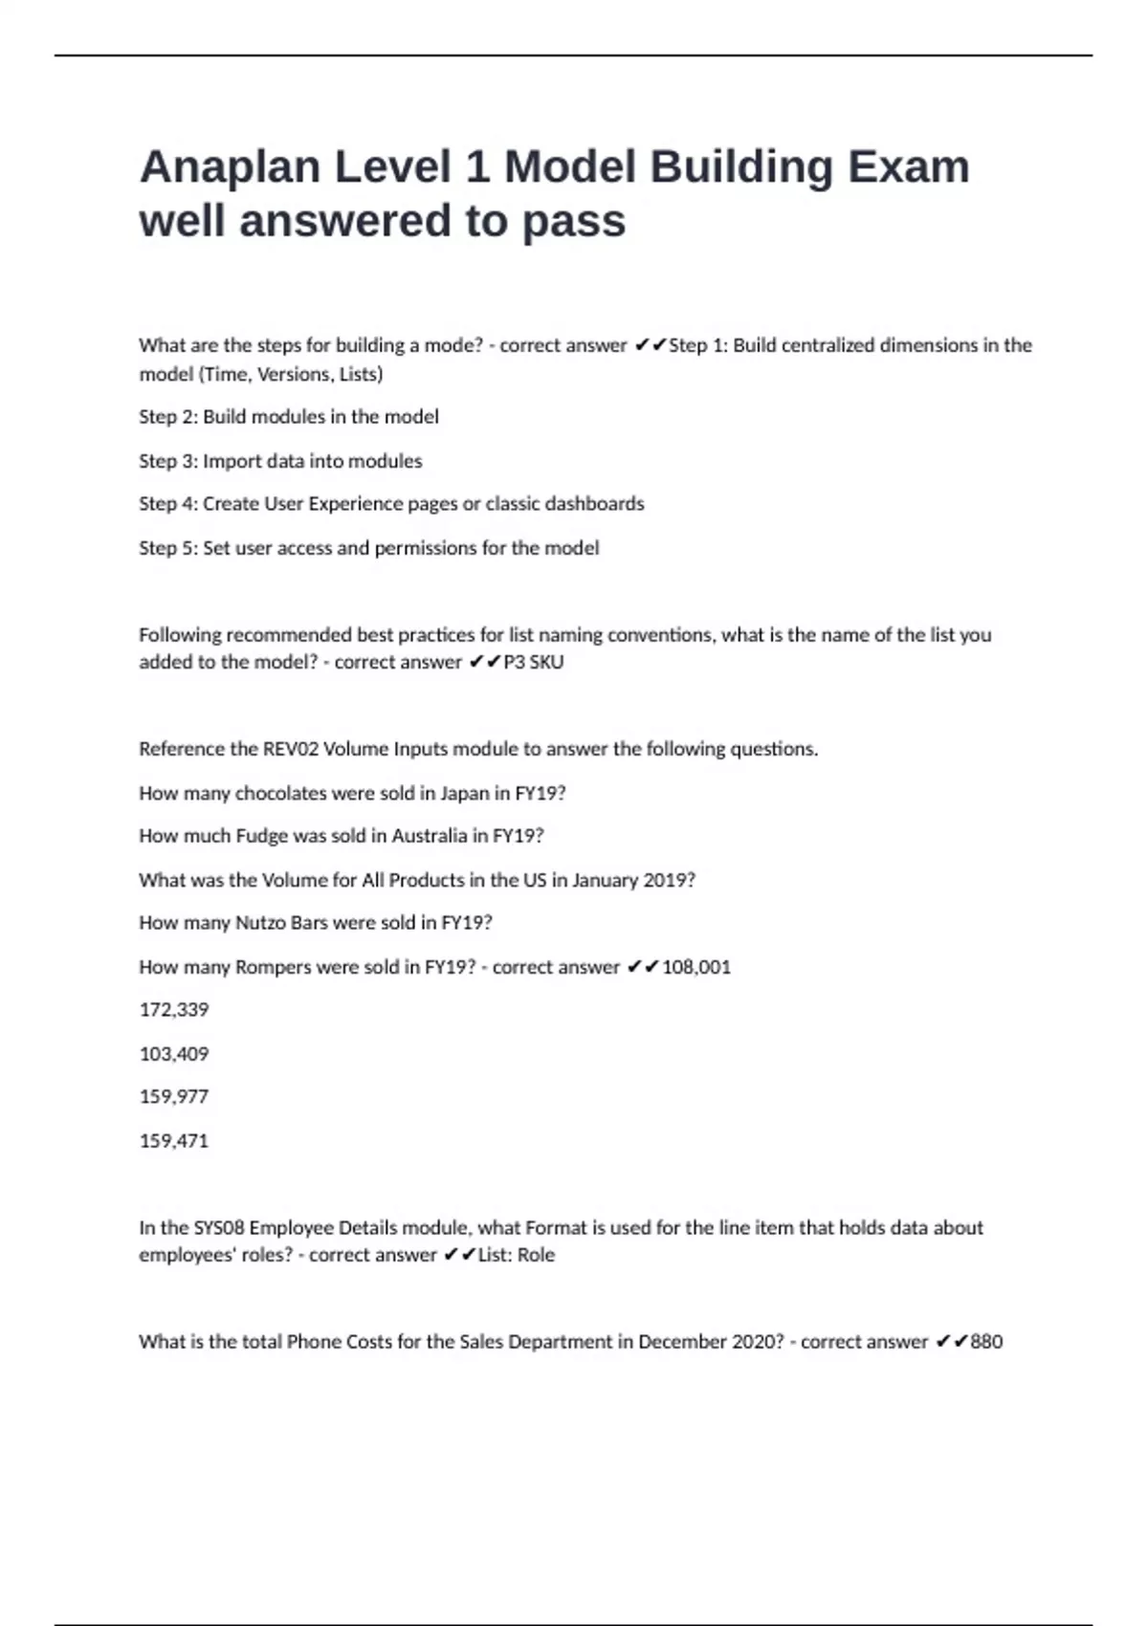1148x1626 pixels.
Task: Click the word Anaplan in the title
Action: pos(230,167)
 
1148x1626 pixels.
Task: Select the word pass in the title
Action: pos(573,222)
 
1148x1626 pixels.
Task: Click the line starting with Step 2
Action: pos(289,417)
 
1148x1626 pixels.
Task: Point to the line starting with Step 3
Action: pos(280,461)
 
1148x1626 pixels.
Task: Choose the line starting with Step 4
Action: pos(391,504)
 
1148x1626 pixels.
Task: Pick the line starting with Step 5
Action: pos(369,548)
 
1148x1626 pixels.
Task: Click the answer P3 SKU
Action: pos(533,662)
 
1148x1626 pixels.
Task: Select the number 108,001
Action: pos(696,967)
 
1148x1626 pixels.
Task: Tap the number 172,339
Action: pos(174,1010)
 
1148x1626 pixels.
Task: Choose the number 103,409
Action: pos(174,1054)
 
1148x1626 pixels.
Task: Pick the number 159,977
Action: pos(174,1097)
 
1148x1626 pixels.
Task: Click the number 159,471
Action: pos(174,1141)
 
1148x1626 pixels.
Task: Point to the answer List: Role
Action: pos(516,1255)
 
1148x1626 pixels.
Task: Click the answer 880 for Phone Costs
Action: pos(986,1342)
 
